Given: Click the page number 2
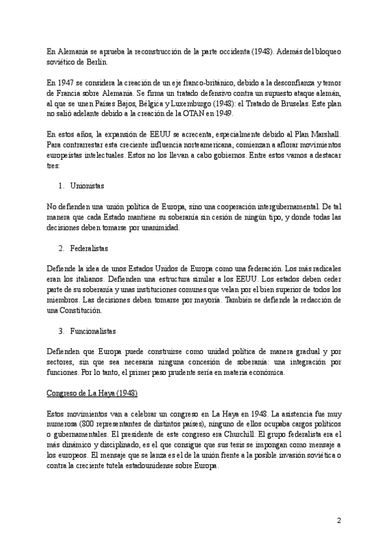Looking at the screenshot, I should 338,520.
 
